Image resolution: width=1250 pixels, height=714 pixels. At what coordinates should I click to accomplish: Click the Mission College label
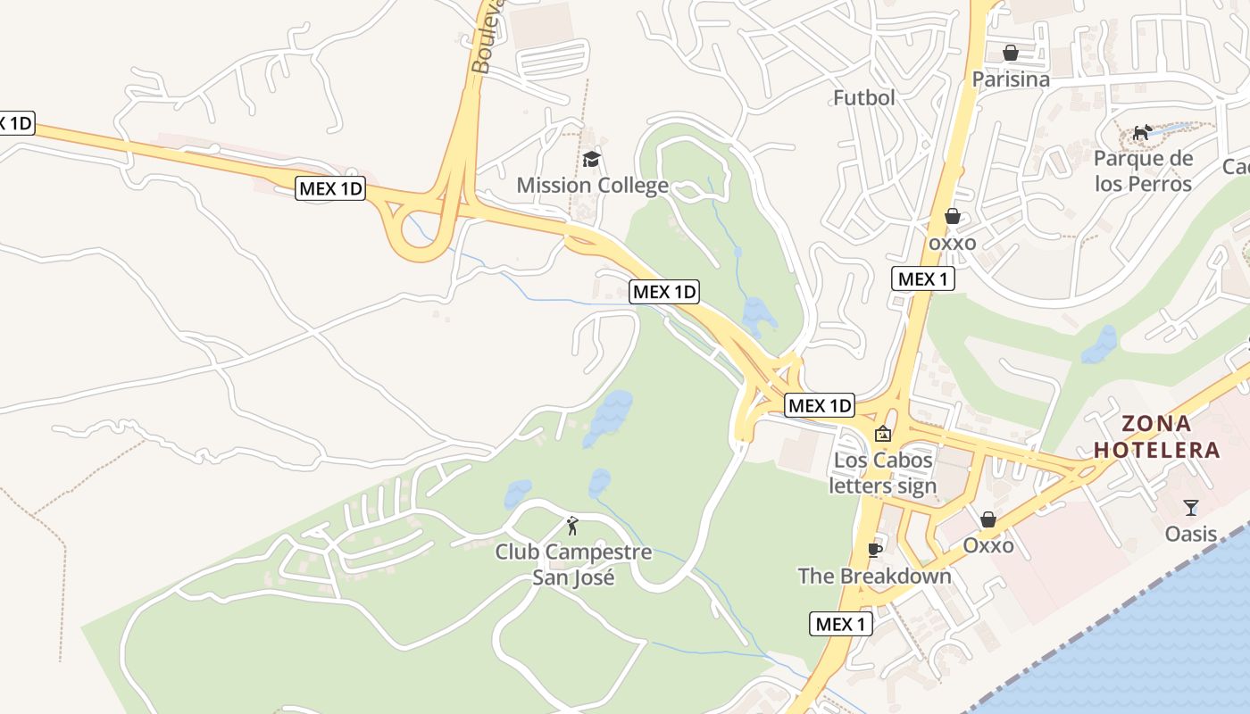592,186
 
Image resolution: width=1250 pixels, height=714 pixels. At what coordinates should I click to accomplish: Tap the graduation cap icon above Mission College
591,160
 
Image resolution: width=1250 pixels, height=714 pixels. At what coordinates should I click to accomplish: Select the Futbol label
863,97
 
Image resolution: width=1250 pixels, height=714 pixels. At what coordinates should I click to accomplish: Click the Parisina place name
1011,79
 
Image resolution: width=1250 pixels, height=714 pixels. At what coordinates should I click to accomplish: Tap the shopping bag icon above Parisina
1011,54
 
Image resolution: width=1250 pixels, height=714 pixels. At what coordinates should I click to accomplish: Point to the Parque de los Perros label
1143,171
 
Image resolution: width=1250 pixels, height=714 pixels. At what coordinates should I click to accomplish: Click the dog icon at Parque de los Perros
1142,133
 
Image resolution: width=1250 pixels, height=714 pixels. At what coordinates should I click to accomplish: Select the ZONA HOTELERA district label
1157,436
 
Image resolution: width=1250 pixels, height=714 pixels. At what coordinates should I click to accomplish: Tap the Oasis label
1191,534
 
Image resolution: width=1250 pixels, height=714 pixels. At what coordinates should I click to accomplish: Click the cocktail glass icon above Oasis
1191,508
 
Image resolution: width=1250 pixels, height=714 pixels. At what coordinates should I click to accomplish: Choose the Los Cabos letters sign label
882,473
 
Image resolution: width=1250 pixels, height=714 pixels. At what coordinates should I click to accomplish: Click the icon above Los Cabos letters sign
883,435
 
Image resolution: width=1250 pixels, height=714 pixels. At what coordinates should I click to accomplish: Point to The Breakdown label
874,576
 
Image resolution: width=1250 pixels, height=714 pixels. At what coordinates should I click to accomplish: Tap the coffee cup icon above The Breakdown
874,550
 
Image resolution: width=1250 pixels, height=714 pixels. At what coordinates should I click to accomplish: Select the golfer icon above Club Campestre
572,526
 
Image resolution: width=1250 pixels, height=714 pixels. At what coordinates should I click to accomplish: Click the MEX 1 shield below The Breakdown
840,624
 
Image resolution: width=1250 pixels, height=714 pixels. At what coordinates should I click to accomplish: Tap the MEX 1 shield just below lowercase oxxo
923,278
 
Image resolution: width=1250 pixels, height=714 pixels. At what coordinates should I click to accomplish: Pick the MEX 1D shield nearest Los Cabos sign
820,405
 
